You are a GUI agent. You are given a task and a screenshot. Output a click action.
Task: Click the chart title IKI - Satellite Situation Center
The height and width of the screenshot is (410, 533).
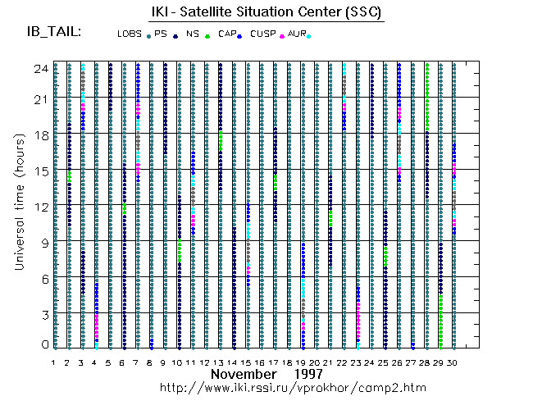(x=266, y=13)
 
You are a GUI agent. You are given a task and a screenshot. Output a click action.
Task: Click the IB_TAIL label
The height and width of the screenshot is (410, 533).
(x=54, y=32)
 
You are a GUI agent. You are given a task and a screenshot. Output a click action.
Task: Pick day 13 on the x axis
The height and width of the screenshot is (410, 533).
(x=219, y=362)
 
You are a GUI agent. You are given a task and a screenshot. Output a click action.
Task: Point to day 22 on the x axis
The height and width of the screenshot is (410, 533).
(x=344, y=362)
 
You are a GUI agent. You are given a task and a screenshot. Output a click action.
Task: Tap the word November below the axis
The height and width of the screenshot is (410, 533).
(x=245, y=374)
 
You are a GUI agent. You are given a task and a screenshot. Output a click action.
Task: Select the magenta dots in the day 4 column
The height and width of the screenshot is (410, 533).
(x=96, y=324)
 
